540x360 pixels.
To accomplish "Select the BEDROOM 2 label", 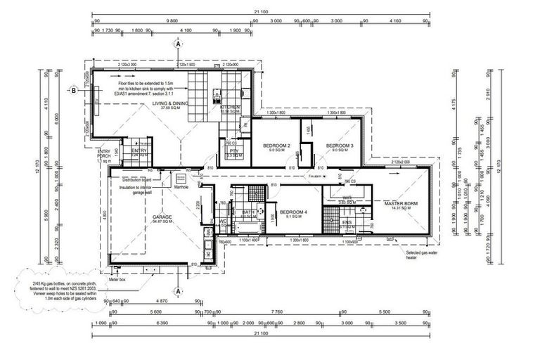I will pyautogui.click(x=276, y=146).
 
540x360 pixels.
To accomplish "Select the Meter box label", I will pyautogui.click(x=117, y=278).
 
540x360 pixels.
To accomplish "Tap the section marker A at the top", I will pyautogui.click(x=179, y=44).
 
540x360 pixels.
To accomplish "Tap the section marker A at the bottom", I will pyautogui.click(x=179, y=290).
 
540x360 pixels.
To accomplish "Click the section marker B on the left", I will pyautogui.click(x=73, y=90).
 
